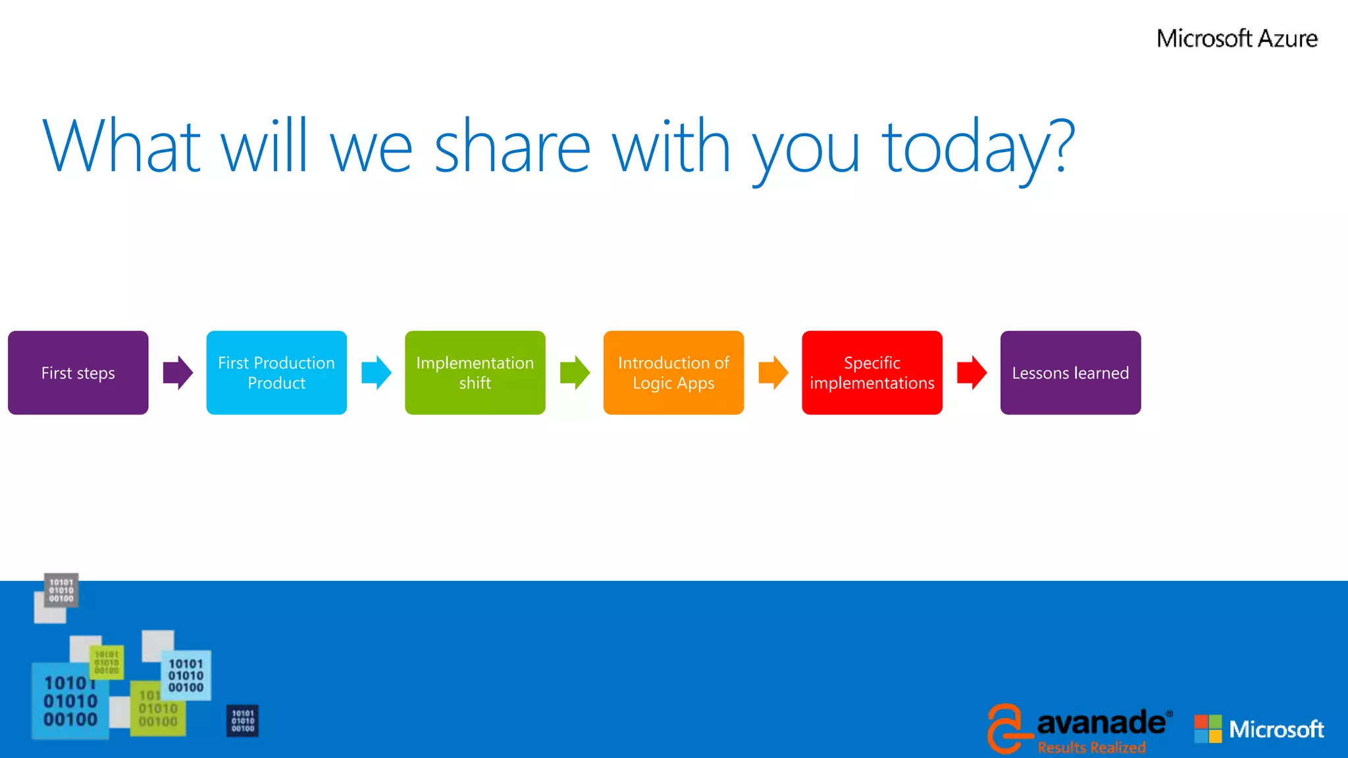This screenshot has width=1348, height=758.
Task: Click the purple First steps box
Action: (x=78, y=372)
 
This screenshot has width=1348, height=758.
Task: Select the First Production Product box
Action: (x=276, y=372)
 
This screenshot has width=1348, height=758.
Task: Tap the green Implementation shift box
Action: (x=475, y=372)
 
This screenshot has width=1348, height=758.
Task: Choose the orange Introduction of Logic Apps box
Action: (x=673, y=372)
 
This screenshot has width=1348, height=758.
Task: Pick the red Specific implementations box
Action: (x=871, y=372)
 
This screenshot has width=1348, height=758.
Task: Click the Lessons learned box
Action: (x=1070, y=372)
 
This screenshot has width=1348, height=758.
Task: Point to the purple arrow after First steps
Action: (x=178, y=372)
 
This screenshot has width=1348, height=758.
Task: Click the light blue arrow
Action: (x=376, y=372)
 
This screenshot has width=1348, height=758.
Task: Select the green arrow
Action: (x=575, y=372)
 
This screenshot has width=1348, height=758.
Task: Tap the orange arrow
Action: (x=773, y=372)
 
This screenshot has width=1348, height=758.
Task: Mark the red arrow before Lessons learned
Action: (x=972, y=372)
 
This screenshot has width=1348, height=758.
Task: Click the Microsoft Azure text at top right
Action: (x=1237, y=39)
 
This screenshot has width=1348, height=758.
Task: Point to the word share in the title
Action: (x=512, y=147)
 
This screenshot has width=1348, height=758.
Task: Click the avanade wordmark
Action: (x=1101, y=722)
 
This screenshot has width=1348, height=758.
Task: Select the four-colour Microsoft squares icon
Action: (x=1208, y=729)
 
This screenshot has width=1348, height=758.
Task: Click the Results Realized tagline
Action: (x=1091, y=747)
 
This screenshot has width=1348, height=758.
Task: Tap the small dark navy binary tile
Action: (x=242, y=721)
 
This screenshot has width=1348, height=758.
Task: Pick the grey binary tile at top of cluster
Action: (x=61, y=590)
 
